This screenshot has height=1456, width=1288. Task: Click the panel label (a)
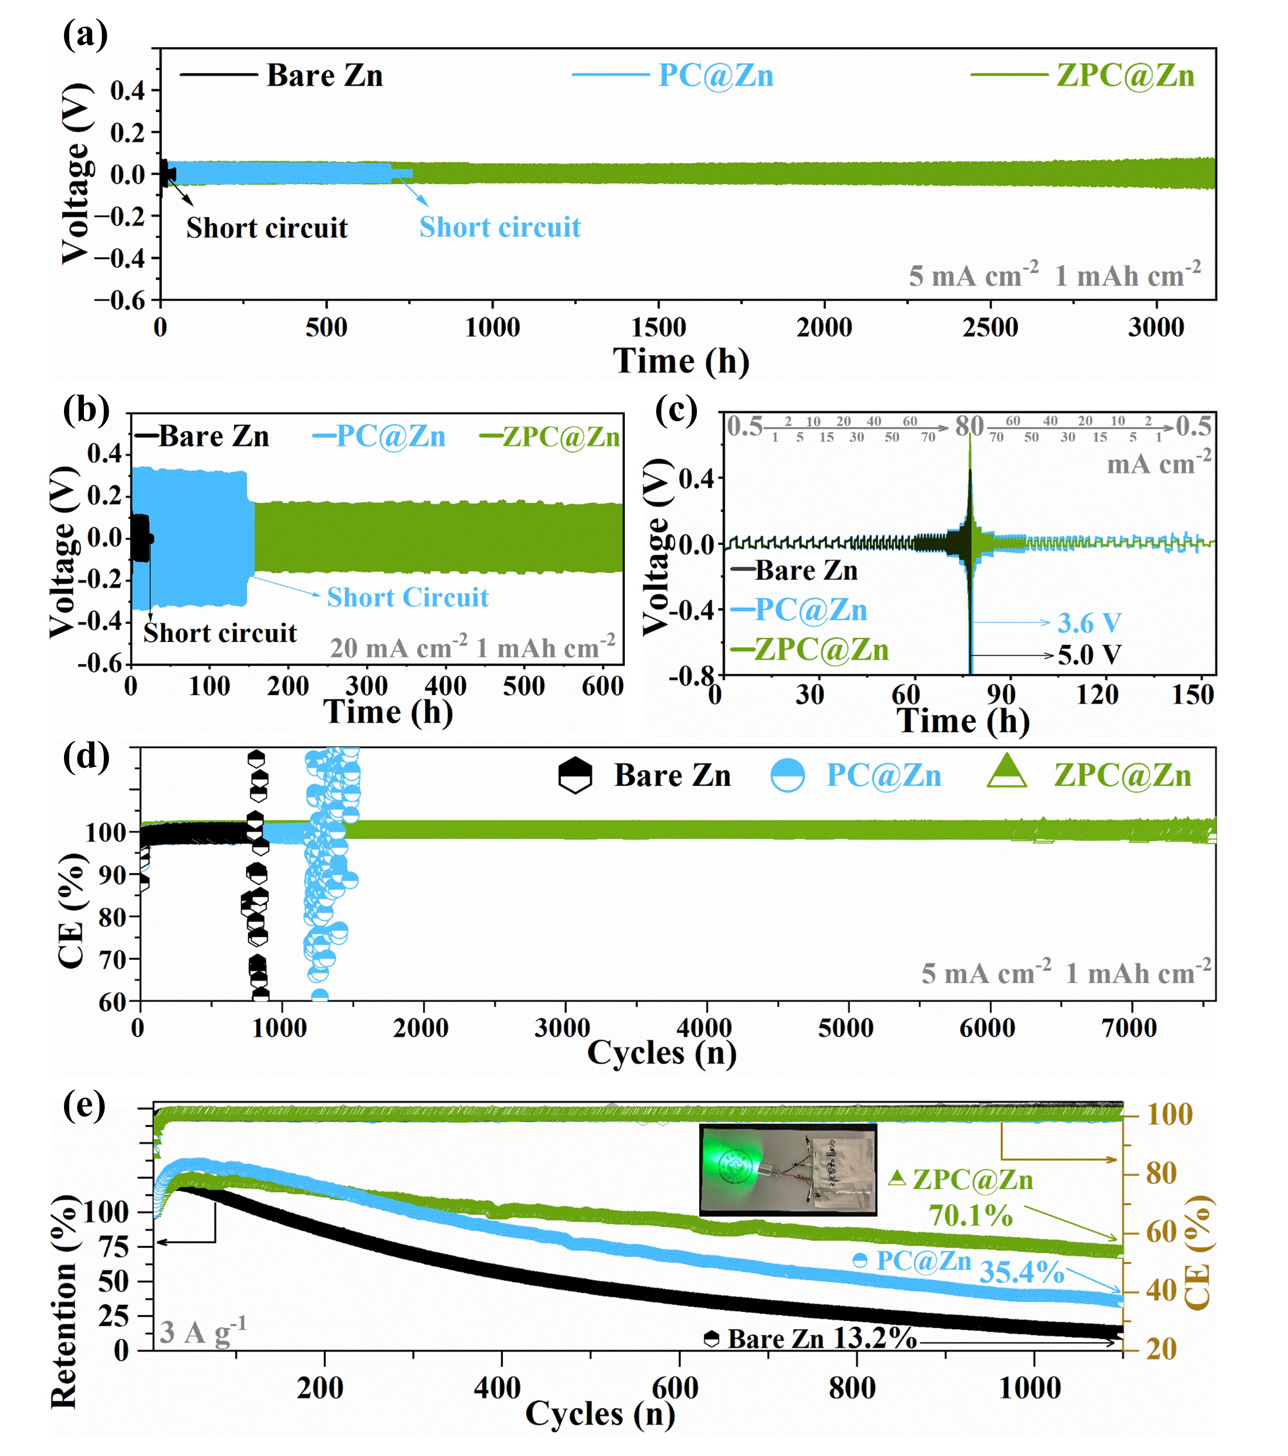pyautogui.click(x=85, y=34)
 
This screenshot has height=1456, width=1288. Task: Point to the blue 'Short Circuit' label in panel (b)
pyautogui.click(x=408, y=597)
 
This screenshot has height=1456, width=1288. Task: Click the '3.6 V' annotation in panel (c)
pyautogui.click(x=1088, y=623)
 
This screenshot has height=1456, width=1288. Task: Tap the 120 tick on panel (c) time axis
pyautogui.click(x=1096, y=694)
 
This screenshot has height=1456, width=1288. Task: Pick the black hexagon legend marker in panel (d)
pyautogui.click(x=575, y=776)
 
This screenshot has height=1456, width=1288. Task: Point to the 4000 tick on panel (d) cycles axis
pyautogui.click(x=704, y=1028)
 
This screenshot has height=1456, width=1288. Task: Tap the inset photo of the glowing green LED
pyautogui.click(x=788, y=1170)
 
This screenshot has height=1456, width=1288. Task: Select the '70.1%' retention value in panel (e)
pyautogui.click(x=970, y=1216)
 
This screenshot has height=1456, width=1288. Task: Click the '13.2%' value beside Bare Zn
pyautogui.click(x=874, y=1338)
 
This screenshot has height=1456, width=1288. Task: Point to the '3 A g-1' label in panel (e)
pyautogui.click(x=202, y=1331)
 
